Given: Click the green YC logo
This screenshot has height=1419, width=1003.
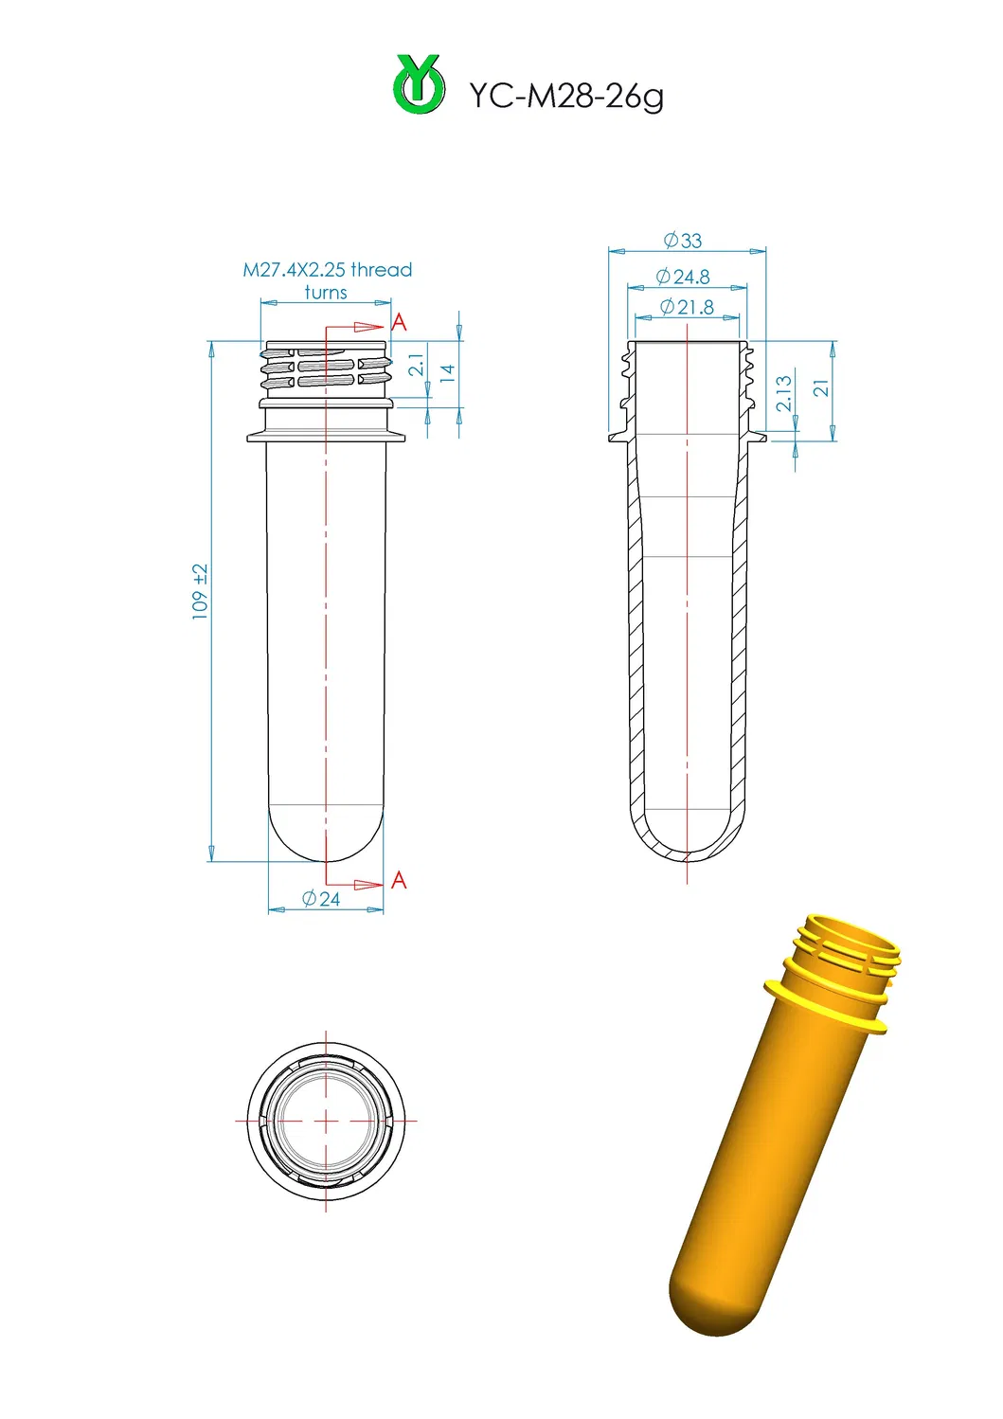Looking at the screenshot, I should (x=419, y=85).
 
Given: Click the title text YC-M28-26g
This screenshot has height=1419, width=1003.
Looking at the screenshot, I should (x=566, y=96).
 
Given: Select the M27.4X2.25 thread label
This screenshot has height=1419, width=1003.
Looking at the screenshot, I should (x=328, y=270).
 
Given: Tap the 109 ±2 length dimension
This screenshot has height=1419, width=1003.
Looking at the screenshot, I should (x=200, y=592).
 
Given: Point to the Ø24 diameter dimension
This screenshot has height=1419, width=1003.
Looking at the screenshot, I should (x=321, y=899).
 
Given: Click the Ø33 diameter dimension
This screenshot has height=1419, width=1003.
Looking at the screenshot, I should (x=683, y=241).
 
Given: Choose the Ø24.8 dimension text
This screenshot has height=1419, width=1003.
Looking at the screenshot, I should (x=683, y=277).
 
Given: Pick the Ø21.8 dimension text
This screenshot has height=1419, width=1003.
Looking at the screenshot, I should (x=687, y=307).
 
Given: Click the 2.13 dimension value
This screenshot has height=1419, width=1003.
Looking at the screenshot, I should (x=784, y=393).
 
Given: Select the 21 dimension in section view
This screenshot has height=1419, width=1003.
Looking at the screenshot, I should (x=821, y=387).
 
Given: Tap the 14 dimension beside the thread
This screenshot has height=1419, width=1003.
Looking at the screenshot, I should (x=448, y=372).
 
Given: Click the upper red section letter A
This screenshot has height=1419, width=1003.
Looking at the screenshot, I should (x=399, y=323).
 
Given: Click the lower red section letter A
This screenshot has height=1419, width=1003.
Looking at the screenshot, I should (x=399, y=880).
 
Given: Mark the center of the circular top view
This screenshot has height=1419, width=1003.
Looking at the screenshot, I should (x=326, y=1121).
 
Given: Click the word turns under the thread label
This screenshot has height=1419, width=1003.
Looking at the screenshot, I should (x=326, y=293).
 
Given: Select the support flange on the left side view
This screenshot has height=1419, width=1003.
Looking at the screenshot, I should (x=326, y=437).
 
